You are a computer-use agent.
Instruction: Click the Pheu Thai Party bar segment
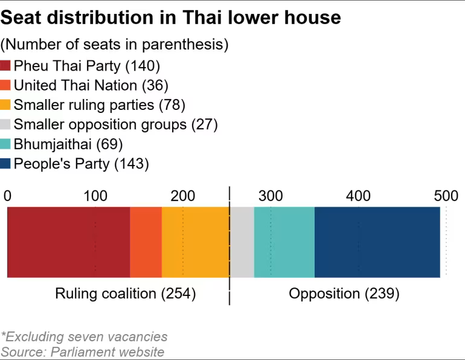(x=68, y=242)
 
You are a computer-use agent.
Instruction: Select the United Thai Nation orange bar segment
(x=146, y=242)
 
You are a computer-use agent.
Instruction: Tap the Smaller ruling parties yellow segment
(x=195, y=242)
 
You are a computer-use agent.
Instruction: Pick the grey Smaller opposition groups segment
(x=242, y=242)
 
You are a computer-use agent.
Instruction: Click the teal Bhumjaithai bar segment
(x=284, y=242)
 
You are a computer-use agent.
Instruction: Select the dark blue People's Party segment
(x=377, y=242)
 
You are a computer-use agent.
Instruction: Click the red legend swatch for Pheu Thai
(x=6, y=66)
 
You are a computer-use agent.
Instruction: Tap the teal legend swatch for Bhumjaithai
(x=6, y=144)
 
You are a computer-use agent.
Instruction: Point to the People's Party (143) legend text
(x=81, y=164)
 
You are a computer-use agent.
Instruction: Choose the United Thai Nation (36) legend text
(x=91, y=85)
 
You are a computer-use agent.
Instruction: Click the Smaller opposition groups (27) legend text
(x=115, y=124)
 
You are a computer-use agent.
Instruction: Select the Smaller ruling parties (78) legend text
(x=99, y=105)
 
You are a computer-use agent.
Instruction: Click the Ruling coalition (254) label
(x=126, y=294)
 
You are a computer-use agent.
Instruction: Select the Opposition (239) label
(x=344, y=294)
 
